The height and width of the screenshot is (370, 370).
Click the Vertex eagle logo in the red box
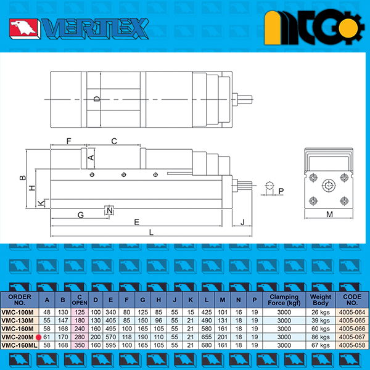[23, 28]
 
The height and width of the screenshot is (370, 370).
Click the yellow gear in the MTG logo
[349, 28]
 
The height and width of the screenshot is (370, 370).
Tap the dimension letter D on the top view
[97, 99]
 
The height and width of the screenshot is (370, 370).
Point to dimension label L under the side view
[151, 232]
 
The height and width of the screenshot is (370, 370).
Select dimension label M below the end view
[329, 214]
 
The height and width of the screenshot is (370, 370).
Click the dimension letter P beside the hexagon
[281, 191]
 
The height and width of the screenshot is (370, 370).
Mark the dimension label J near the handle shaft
[242, 222]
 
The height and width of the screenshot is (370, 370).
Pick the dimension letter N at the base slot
[110, 210]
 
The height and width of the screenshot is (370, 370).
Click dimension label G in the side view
[81, 215]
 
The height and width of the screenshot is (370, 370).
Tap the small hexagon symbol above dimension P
[269, 186]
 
